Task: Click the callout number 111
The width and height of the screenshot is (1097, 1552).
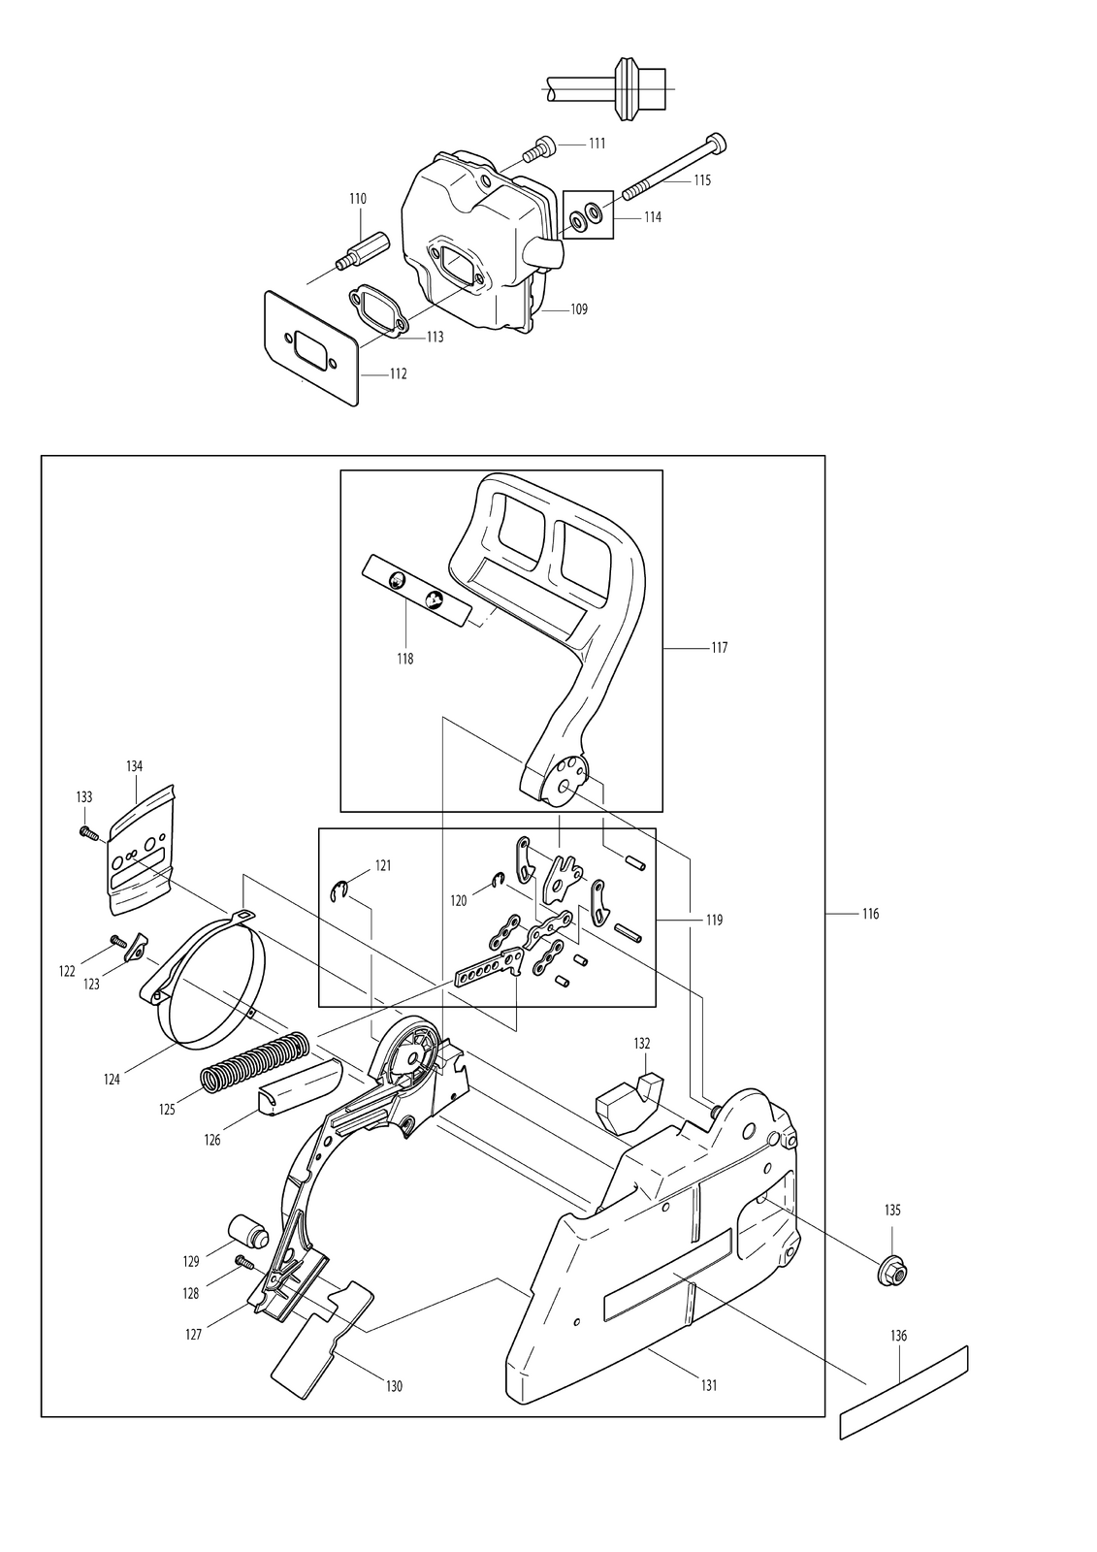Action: (597, 144)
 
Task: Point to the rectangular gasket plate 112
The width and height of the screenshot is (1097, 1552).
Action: (311, 347)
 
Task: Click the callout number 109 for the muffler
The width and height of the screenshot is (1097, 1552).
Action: (579, 309)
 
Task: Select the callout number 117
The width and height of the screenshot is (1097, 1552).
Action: (720, 648)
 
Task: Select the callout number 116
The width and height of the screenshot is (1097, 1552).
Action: (870, 914)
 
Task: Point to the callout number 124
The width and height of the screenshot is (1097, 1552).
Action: (112, 1080)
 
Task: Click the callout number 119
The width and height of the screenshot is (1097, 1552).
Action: (714, 921)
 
